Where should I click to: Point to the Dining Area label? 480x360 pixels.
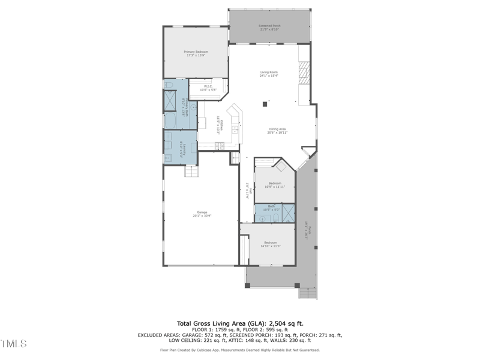click(x=277, y=130)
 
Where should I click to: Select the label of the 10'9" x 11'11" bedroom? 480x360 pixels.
click(x=275, y=185)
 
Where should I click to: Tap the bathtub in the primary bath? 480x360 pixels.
click(x=170, y=122)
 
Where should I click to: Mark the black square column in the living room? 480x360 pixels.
click(x=265, y=104)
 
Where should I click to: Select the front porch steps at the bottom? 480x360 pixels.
click(x=307, y=293)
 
